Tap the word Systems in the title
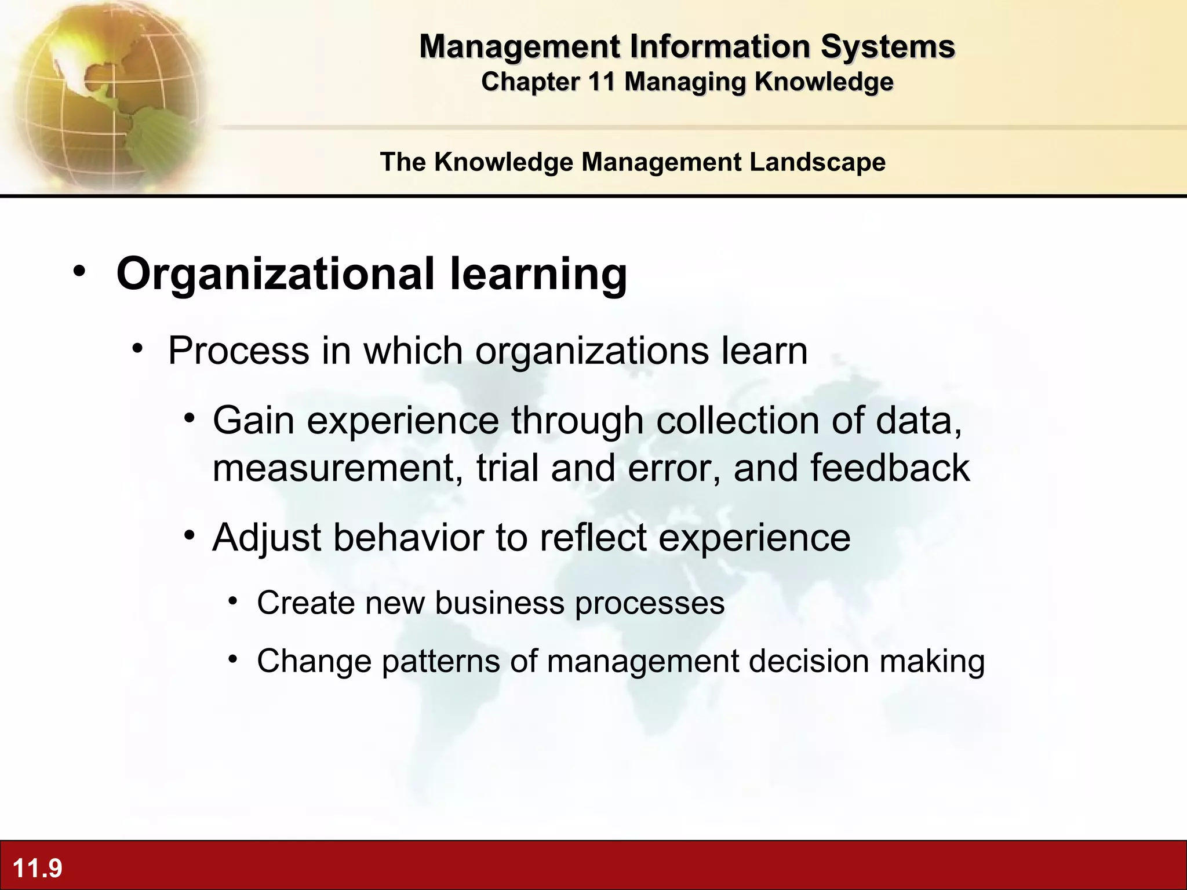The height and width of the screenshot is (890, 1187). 887,46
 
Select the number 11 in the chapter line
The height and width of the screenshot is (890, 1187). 601,82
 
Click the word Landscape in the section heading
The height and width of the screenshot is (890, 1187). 817,162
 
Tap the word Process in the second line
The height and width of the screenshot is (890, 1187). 238,351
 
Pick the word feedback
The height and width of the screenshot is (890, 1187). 889,468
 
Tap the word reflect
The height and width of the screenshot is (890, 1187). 593,538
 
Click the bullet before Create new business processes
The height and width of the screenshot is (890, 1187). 233,601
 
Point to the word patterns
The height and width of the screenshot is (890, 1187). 440,661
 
